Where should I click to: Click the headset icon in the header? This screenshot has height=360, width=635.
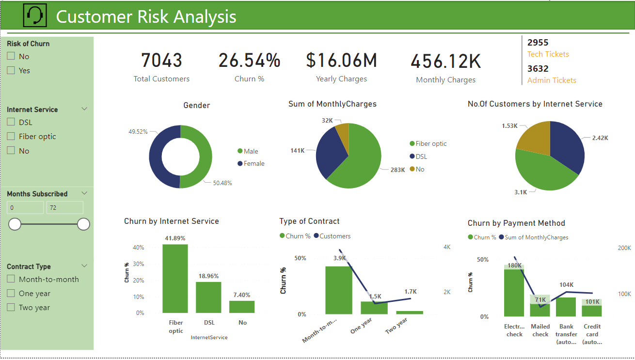coord(35,16)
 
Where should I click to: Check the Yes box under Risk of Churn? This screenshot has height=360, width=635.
coord(11,71)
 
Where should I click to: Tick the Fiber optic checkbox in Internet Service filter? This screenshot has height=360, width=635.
coord(11,137)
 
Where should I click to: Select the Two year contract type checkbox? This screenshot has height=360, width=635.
coord(11,308)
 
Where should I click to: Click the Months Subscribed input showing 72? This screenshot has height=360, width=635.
coord(64,208)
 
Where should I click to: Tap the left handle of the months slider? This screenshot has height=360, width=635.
coord(15,224)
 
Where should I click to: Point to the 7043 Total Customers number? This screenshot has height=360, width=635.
coord(161,61)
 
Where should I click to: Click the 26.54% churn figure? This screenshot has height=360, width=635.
coord(249,61)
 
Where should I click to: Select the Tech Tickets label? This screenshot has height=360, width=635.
coord(548,54)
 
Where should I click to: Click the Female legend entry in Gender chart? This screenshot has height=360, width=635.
coord(254,164)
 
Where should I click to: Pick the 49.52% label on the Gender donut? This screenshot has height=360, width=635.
coord(138,131)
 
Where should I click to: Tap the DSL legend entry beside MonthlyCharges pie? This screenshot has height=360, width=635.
coord(421,157)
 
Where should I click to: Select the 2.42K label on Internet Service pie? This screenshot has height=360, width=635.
coord(600,138)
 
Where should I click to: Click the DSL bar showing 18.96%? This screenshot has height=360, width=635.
coord(208,297)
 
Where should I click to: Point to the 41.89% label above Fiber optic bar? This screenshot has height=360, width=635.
coord(175,238)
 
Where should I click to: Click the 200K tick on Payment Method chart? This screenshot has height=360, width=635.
coord(624,248)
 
